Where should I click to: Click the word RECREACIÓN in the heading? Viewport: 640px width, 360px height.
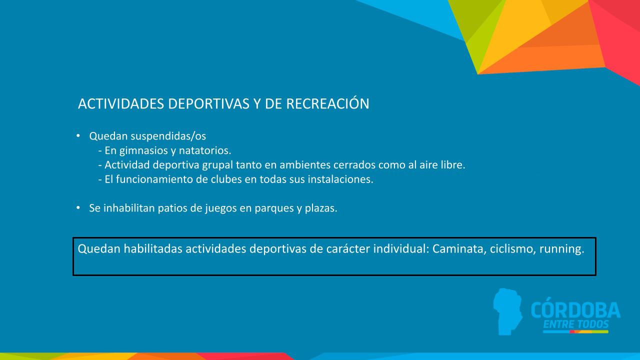click(x=327, y=104)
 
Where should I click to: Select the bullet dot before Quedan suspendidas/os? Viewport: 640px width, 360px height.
click(x=78, y=135)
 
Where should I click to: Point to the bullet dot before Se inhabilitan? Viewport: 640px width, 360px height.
click(x=78, y=207)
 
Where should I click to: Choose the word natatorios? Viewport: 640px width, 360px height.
click(x=207, y=150)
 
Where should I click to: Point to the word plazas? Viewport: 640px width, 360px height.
click(x=321, y=208)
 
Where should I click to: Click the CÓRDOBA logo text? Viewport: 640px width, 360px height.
click(x=575, y=310)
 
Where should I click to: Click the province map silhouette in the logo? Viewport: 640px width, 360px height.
click(x=507, y=310)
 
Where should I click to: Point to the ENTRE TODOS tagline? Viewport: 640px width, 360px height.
click(x=575, y=325)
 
